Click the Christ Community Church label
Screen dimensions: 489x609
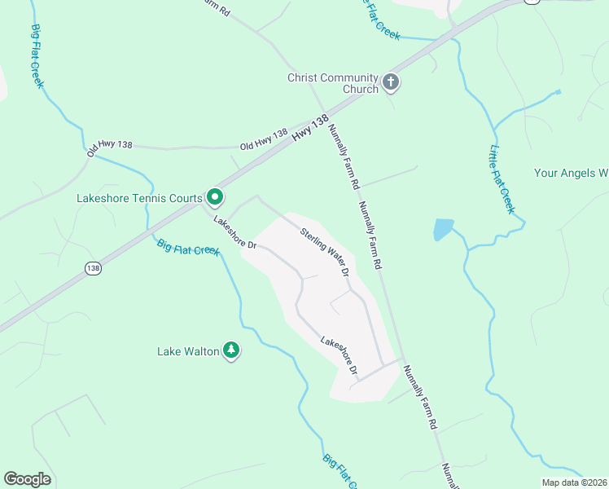[x=333, y=83]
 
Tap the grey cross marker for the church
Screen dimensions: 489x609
[x=391, y=82]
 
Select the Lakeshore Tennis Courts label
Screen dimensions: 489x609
[x=139, y=197]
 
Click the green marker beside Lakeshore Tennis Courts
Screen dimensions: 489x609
[x=215, y=196]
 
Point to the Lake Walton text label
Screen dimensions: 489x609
[x=188, y=351]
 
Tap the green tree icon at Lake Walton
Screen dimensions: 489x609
[x=232, y=350]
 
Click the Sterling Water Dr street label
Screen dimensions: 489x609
[x=325, y=251]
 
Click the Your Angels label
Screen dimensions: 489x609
[x=571, y=173]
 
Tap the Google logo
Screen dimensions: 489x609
[x=27, y=479]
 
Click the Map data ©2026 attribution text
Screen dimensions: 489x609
[x=574, y=482]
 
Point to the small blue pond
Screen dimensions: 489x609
[x=443, y=229]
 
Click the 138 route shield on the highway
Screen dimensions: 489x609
[x=92, y=267]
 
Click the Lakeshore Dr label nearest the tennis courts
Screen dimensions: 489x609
[x=235, y=233]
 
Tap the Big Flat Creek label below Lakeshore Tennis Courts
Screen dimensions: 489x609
[x=188, y=246]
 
